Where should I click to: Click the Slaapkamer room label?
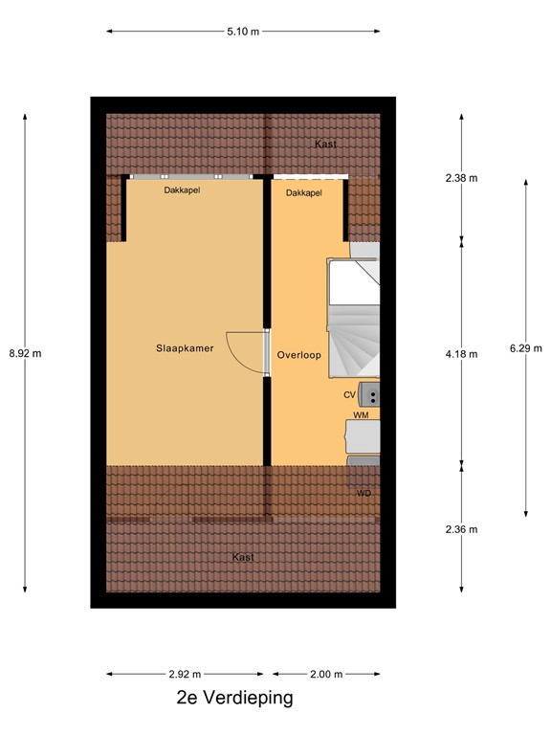[x=185, y=349]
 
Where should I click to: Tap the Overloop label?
[x=298, y=355]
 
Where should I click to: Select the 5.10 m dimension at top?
[x=243, y=32]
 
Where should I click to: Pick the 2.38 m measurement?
[x=461, y=178]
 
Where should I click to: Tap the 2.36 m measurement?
[x=461, y=529]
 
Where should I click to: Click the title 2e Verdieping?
[x=235, y=699]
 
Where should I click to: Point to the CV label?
[x=349, y=394]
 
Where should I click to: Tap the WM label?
[x=361, y=416]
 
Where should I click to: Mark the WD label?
[x=364, y=493]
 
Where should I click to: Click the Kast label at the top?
[x=325, y=145]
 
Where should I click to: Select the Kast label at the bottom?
[x=243, y=557]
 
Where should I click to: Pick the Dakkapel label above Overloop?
[x=303, y=193]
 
